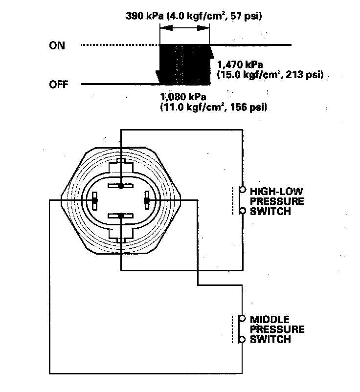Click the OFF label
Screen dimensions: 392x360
[59, 85]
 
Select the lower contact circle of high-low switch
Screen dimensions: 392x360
[242, 211]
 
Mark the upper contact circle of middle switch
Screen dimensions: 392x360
[242, 319]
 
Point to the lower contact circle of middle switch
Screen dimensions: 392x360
[242, 339]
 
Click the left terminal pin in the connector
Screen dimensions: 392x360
[95, 200]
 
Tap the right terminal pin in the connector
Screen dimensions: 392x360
[146, 200]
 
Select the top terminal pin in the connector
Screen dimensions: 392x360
[121, 186]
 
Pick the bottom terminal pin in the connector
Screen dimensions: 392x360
[121, 215]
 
